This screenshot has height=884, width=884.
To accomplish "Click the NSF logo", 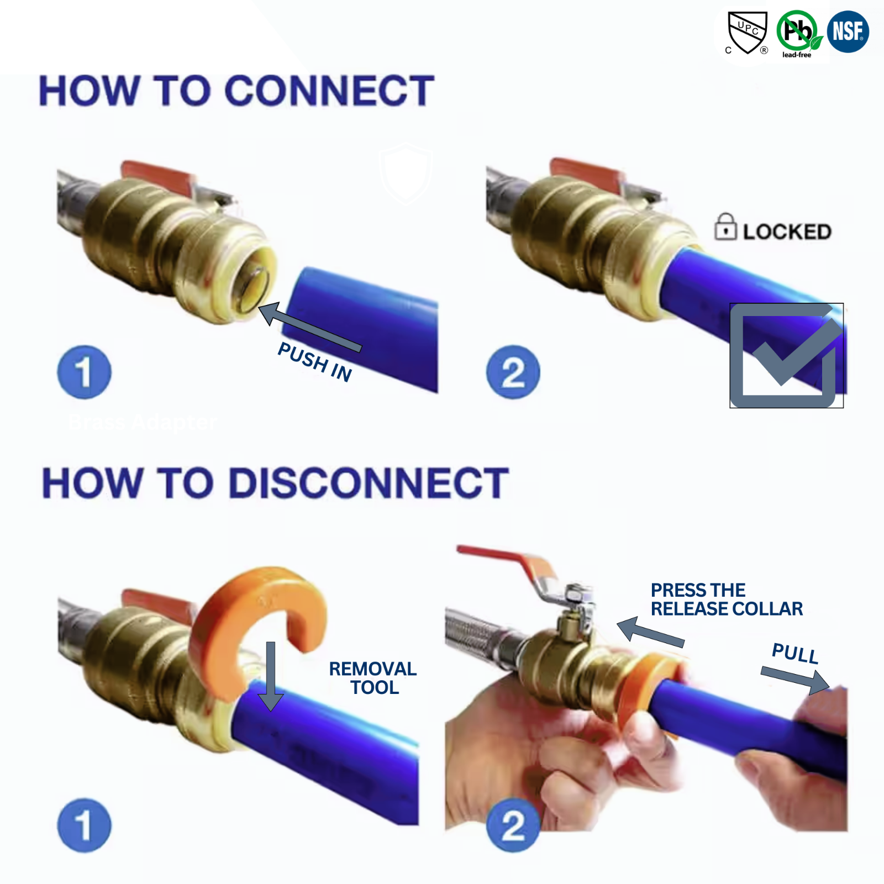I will click(848, 31).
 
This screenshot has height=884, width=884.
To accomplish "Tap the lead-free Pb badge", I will click(797, 31).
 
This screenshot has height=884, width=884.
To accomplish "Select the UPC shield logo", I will click(747, 31).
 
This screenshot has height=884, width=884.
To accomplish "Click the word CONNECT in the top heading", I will click(330, 91).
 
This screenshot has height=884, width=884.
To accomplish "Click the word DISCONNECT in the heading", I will click(369, 483).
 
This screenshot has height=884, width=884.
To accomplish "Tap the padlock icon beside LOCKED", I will click(725, 227).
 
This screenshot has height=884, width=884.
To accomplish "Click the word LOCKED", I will click(787, 232).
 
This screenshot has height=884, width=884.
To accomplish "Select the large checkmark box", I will click(786, 355).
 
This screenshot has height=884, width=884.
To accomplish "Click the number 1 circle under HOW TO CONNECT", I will click(84, 372).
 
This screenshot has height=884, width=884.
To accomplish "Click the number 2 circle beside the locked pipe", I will click(513, 372).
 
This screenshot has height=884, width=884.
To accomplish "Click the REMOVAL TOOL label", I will click(373, 678).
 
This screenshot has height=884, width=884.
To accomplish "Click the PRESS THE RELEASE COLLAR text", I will click(726, 599).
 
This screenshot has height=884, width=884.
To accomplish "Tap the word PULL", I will click(795, 654).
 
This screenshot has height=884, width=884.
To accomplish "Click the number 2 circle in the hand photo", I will click(513, 826).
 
